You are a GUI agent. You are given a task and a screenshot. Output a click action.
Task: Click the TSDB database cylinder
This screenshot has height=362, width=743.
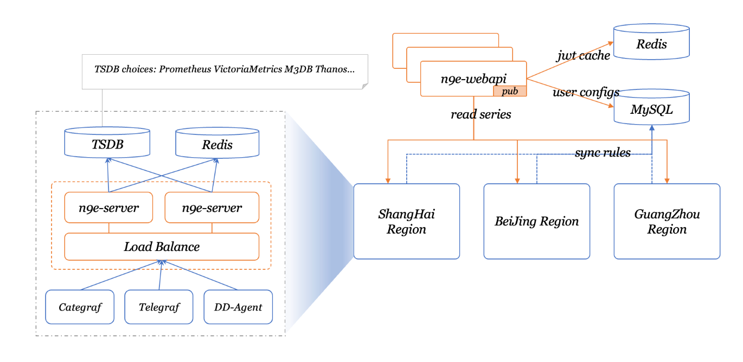point(107,142)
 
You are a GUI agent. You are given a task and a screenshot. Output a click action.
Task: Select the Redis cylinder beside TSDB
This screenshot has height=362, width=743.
point(217,143)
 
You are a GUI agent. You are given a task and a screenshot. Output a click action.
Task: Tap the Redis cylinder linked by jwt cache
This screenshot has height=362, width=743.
point(651,42)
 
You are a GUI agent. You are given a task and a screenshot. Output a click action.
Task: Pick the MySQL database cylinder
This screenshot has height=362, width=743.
point(652,107)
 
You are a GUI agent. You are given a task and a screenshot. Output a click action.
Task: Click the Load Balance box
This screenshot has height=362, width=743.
point(162,247)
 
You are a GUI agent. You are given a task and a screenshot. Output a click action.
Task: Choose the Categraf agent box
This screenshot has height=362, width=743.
point(80,307)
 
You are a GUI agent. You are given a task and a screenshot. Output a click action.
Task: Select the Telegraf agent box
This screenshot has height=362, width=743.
point(159,307)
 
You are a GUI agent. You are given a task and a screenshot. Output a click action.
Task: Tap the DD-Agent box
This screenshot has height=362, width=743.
point(238,307)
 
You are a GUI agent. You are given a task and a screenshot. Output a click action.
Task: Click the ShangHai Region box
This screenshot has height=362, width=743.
point(407,222)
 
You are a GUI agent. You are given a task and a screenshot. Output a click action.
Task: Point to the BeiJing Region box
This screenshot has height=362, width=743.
point(537,222)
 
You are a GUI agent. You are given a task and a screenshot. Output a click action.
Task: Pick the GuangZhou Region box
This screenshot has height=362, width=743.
point(667,222)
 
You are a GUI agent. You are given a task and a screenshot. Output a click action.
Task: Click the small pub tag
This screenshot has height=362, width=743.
point(510,91)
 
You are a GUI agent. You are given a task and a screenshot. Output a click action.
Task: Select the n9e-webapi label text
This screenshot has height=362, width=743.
point(473,79)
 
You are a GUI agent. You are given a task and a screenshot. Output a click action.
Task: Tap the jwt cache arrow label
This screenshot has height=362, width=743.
point(584,55)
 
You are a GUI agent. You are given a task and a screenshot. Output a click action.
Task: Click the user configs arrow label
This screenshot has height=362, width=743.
point(586,92)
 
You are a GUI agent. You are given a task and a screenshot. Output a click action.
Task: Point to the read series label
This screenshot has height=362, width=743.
point(481,114)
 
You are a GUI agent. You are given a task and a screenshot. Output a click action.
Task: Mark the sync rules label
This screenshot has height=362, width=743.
point(603,152)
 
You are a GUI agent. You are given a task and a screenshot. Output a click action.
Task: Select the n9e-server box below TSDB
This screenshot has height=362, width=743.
point(109,208)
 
